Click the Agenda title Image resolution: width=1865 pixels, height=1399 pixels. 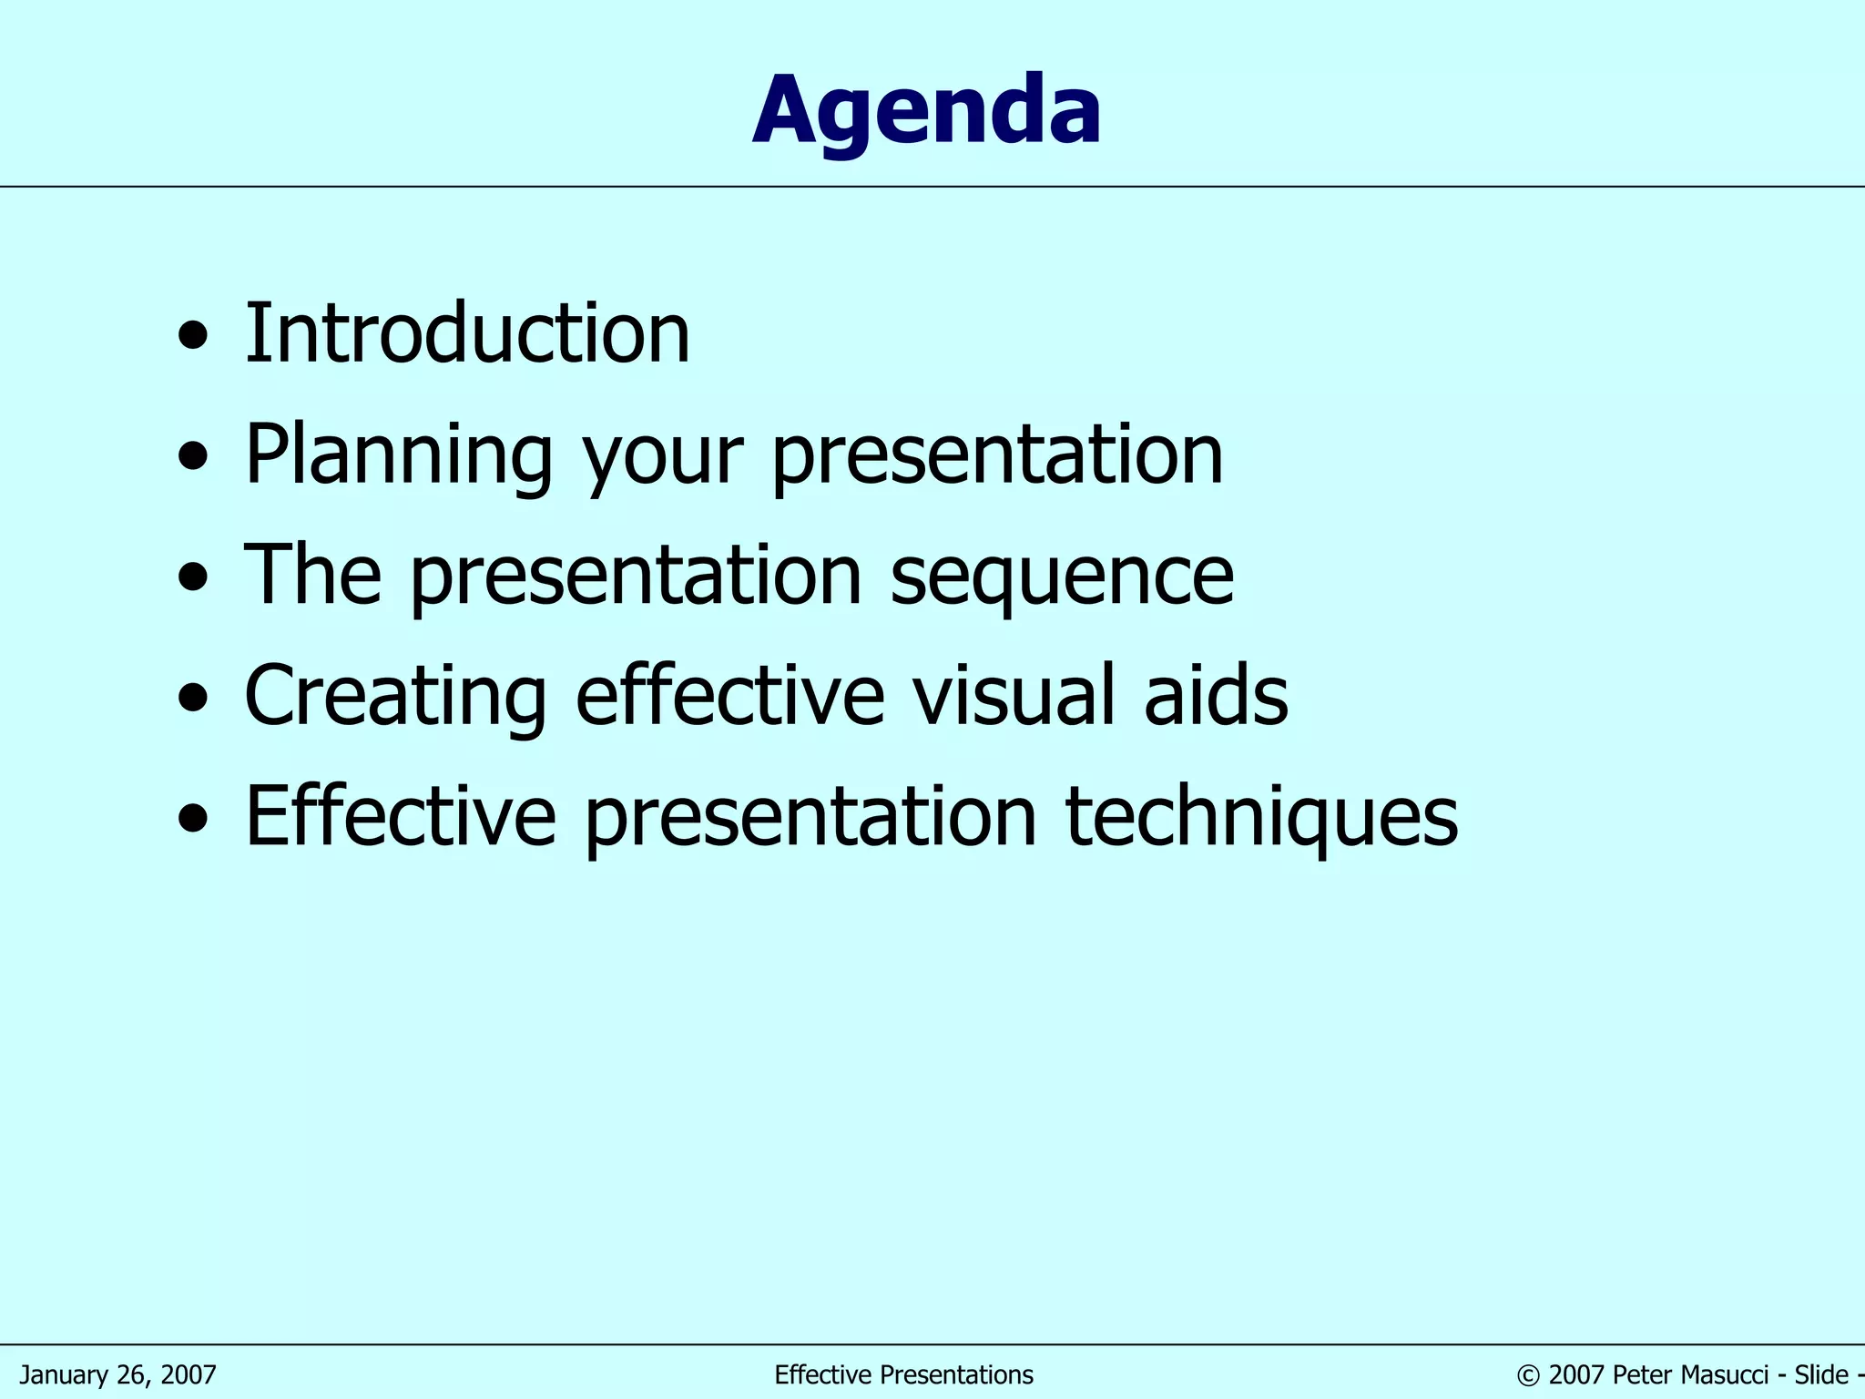(x=927, y=111)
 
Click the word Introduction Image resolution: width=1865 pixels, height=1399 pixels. (x=467, y=334)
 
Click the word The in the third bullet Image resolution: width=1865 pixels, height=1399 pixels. (x=312, y=575)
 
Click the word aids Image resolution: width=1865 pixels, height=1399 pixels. (x=1216, y=695)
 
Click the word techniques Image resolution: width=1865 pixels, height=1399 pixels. (x=1261, y=816)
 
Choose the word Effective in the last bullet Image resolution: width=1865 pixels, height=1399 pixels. (x=401, y=815)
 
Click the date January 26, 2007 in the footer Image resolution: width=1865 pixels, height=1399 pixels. (x=117, y=1374)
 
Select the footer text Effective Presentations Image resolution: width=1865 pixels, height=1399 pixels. (x=903, y=1374)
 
